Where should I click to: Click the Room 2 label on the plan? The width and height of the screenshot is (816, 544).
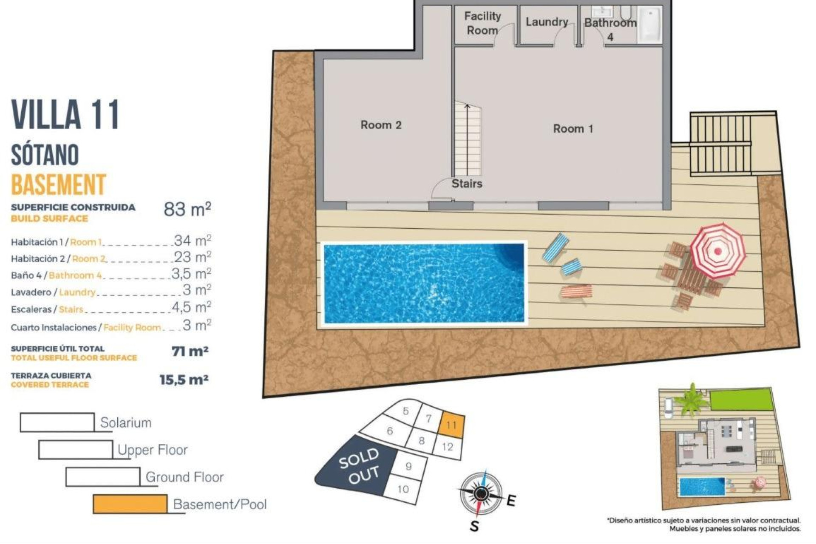tap(381, 125)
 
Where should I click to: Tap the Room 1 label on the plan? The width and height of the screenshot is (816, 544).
tap(572, 129)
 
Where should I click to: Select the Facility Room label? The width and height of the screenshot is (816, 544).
tap(482, 23)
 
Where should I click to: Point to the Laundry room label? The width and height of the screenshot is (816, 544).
tap(547, 22)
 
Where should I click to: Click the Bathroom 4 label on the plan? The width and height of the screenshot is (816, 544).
tap(610, 28)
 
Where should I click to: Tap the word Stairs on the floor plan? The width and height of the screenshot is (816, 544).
tap(467, 184)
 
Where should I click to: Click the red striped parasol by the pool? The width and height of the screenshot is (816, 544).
tap(717, 250)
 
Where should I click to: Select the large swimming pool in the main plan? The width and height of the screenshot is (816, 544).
tap(424, 283)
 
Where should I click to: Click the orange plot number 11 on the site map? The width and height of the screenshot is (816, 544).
tap(451, 425)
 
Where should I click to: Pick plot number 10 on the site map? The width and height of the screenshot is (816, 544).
tap(403, 489)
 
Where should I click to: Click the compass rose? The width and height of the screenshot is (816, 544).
tap(481, 493)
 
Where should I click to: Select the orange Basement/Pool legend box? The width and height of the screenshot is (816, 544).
tap(130, 504)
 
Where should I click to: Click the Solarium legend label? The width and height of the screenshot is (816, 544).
tap(126, 422)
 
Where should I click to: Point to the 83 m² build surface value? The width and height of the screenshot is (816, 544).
tap(187, 209)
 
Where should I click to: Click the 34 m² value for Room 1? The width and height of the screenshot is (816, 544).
tap(193, 241)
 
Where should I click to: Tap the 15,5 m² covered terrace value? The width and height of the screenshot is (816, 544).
tap(184, 380)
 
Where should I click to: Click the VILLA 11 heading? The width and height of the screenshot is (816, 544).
tap(65, 114)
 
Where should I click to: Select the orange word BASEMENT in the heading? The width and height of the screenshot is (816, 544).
tap(58, 184)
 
